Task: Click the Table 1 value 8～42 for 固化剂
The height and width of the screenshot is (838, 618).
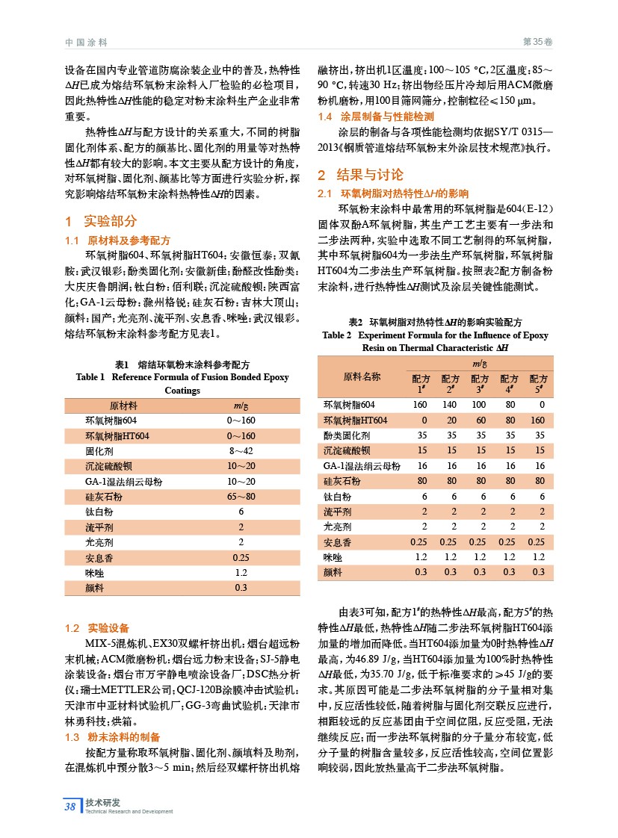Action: click(241, 451)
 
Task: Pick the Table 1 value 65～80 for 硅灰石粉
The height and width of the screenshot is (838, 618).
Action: click(241, 496)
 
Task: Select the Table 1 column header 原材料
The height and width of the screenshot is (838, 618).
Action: click(123, 406)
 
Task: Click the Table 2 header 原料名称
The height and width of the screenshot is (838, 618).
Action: click(362, 376)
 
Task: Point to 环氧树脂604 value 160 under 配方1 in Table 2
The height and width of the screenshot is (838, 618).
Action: click(421, 405)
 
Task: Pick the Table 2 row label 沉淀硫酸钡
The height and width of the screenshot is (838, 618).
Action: click(346, 450)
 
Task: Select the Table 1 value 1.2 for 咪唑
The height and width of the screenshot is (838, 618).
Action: click(241, 572)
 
